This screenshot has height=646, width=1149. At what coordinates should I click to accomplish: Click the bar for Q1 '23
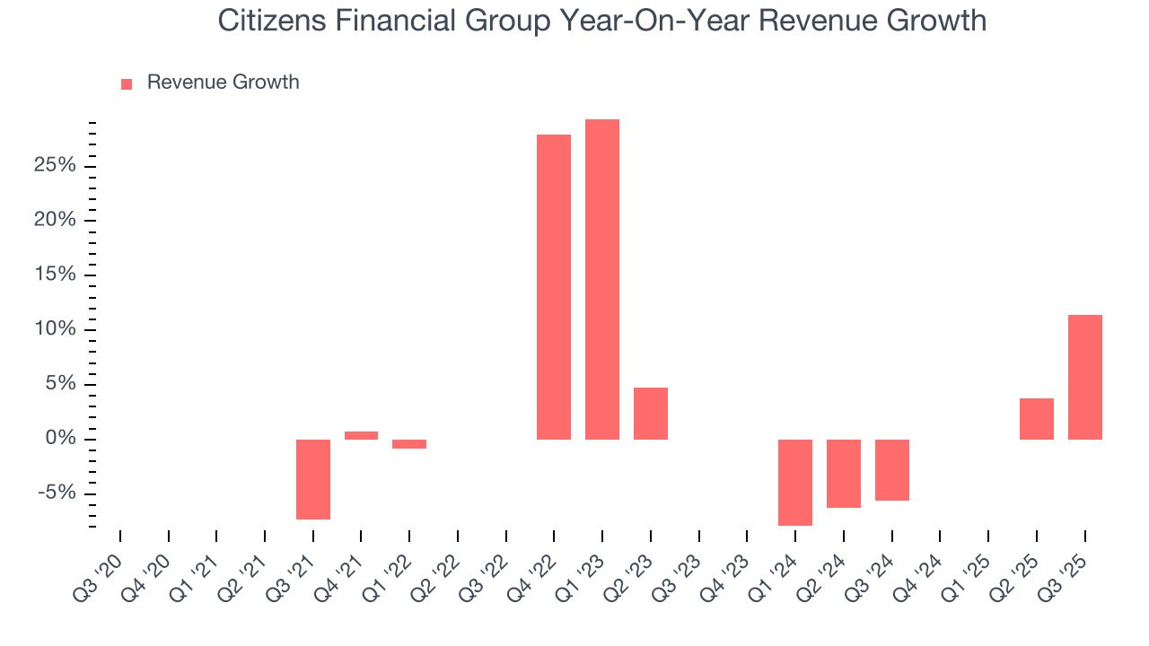(601, 279)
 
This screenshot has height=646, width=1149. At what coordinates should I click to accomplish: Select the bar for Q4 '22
(554, 287)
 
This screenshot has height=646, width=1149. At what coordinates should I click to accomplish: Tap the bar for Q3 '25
(1084, 377)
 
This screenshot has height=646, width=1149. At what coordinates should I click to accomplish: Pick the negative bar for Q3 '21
(313, 479)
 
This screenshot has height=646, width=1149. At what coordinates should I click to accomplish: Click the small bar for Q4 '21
(361, 435)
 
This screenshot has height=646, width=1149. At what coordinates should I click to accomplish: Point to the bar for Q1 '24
(795, 482)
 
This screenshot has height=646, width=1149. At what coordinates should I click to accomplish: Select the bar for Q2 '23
(650, 414)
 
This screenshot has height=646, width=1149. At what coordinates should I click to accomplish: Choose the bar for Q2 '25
(1036, 419)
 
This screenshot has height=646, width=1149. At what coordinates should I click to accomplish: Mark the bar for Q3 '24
(891, 469)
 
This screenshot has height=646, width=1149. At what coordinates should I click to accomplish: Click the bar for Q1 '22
(409, 444)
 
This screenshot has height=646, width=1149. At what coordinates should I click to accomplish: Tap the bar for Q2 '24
(843, 473)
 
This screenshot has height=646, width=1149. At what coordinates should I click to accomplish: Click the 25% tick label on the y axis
(53, 166)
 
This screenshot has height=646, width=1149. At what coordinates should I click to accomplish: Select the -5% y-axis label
(56, 493)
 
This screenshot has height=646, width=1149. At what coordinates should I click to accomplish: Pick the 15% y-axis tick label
(53, 275)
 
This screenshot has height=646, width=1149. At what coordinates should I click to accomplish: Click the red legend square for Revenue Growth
(127, 83)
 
